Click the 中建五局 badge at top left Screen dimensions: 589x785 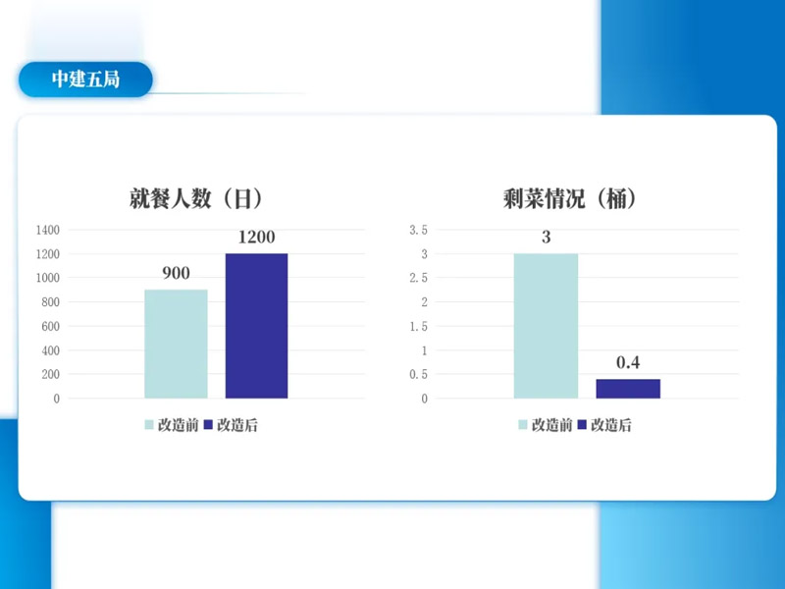coord(85,80)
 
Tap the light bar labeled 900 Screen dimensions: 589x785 coord(176,344)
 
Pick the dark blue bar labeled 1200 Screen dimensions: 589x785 coord(257,326)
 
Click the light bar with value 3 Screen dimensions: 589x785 coord(546,326)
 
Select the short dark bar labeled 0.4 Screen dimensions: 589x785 coord(628,388)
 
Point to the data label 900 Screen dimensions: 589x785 coord(176,274)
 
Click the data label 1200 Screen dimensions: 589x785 coord(257,237)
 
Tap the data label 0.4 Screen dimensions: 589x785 coord(628,363)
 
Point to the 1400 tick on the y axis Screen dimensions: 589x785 coord(48,230)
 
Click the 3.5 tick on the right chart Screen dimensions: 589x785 coord(419,230)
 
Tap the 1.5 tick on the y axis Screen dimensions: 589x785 coord(419,326)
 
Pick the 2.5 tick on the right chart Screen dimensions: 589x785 coord(419,278)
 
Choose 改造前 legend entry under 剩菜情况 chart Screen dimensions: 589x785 coord(545,425)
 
